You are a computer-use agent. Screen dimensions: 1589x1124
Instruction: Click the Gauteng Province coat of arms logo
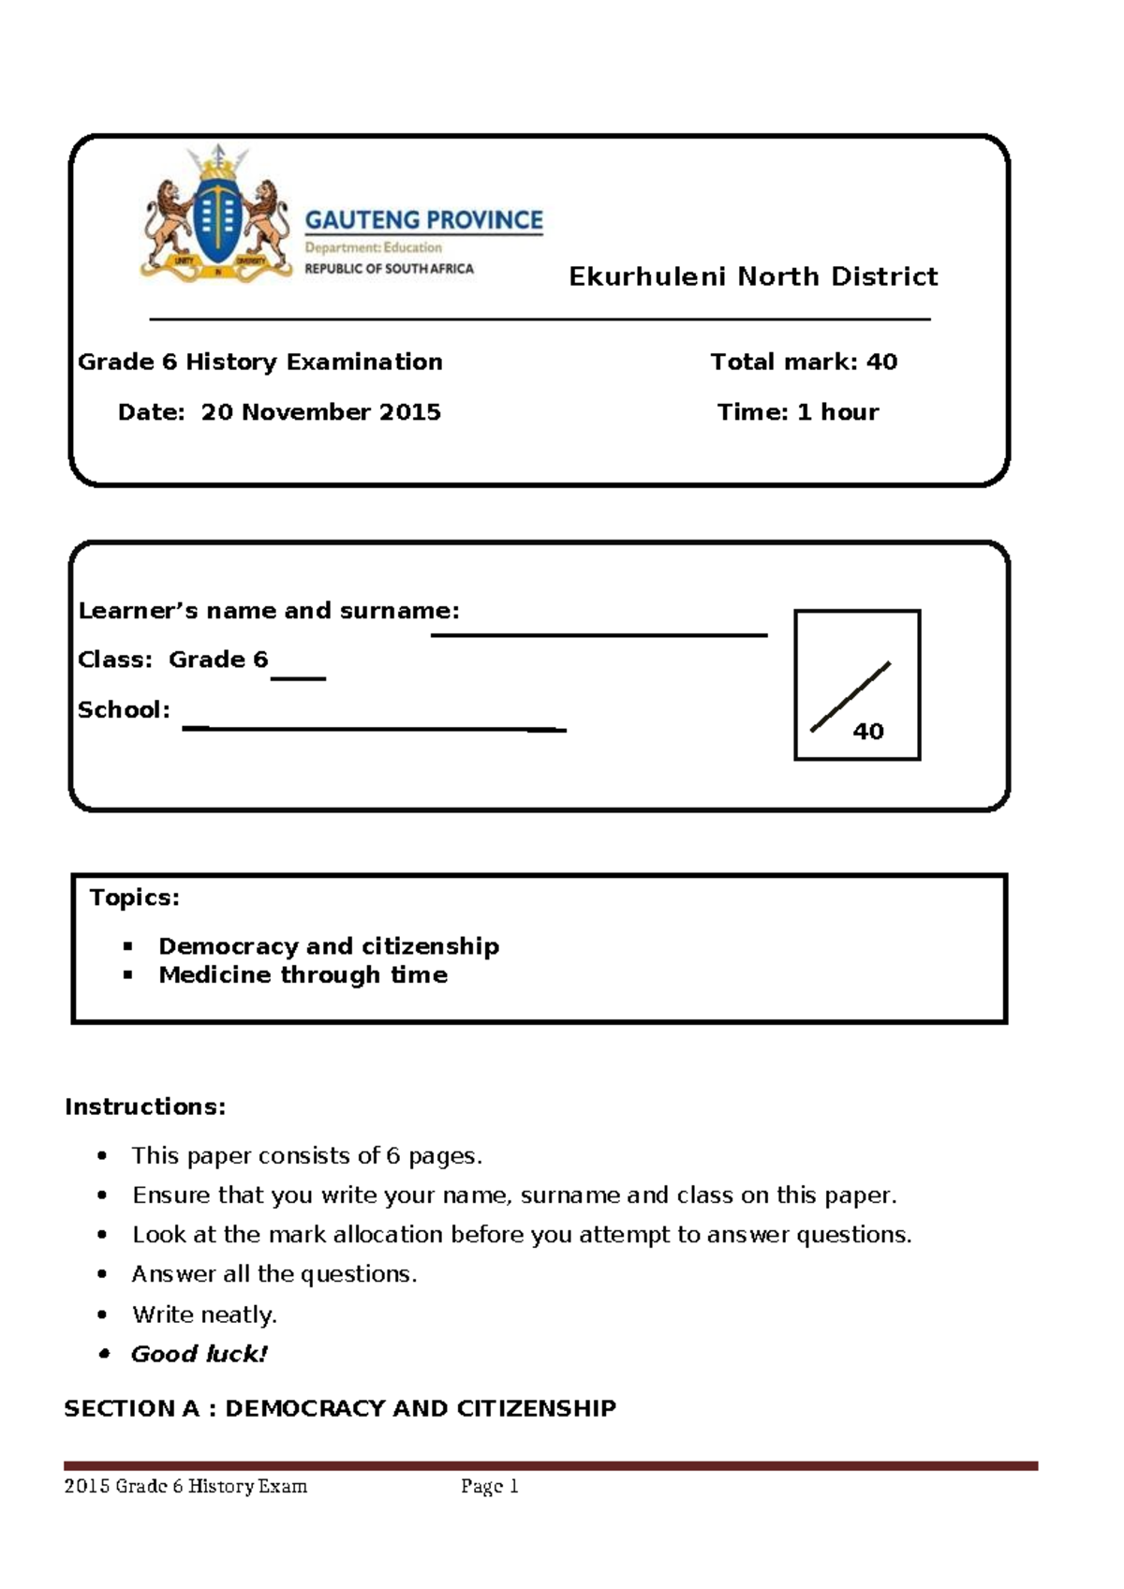(x=215, y=215)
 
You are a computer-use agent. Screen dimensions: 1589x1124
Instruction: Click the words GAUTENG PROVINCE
(x=423, y=220)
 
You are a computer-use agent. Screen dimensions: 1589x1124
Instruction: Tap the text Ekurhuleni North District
(x=753, y=276)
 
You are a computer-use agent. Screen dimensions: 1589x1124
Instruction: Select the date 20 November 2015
(x=320, y=412)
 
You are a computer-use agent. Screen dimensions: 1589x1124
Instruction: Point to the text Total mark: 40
(x=804, y=362)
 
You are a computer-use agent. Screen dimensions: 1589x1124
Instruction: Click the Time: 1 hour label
(x=798, y=412)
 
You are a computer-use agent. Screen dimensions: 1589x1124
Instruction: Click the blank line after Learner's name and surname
(x=599, y=634)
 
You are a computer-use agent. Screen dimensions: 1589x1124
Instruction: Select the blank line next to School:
(x=375, y=728)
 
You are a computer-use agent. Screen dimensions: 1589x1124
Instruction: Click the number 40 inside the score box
(x=868, y=732)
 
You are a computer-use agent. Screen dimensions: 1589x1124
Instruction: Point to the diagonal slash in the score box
(x=850, y=696)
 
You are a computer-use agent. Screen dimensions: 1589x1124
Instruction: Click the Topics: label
(x=134, y=898)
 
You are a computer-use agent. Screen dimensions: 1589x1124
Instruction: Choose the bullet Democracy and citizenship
(x=329, y=946)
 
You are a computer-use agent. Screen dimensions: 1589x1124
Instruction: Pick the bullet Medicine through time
(x=303, y=975)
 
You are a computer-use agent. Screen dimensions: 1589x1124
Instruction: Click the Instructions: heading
(x=145, y=1107)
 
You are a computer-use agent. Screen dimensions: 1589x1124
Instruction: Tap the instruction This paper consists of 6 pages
(x=306, y=1156)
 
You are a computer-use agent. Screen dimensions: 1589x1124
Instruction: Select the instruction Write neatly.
(x=204, y=1314)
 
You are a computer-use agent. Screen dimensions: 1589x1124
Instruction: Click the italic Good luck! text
(x=200, y=1354)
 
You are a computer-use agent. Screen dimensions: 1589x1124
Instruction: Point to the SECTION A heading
(x=340, y=1408)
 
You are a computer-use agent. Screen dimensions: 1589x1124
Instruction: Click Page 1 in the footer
(x=489, y=1487)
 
